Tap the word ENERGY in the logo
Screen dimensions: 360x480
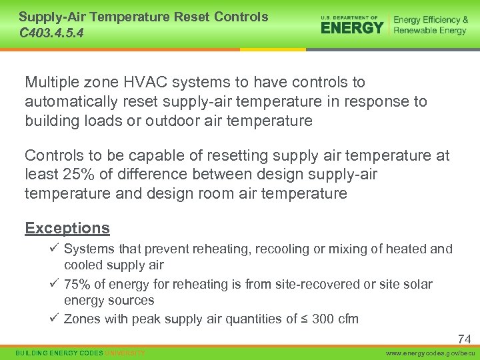click(x=352, y=27)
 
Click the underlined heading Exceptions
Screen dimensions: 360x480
click(x=67, y=228)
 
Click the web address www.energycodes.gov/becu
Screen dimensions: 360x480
click(x=431, y=352)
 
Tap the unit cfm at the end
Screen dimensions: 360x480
click(x=347, y=319)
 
